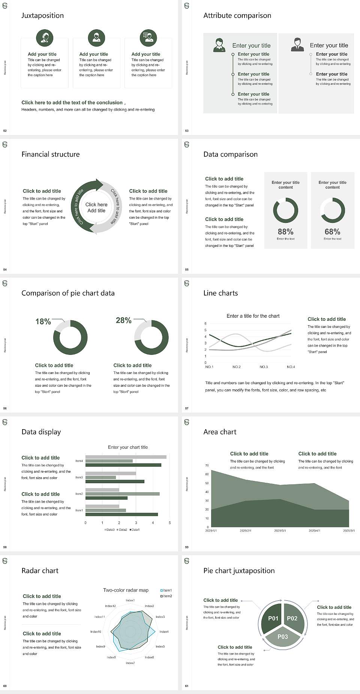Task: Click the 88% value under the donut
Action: (x=285, y=232)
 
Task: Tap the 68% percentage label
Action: (x=332, y=232)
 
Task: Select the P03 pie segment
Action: (x=283, y=637)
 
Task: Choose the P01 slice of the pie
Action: (x=273, y=618)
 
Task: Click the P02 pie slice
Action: (x=292, y=618)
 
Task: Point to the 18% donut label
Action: (x=43, y=321)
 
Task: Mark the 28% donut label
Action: (x=123, y=320)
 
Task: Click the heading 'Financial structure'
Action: (x=51, y=154)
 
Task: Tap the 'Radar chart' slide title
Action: (x=40, y=571)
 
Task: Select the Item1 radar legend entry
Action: (x=166, y=590)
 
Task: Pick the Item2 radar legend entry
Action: (x=166, y=596)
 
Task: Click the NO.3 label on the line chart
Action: (x=264, y=367)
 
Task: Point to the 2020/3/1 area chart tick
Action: (x=280, y=531)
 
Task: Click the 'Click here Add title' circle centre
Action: (x=96, y=207)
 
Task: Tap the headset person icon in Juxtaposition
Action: (x=45, y=38)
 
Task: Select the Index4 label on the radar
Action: (x=164, y=632)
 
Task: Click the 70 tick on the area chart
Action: (x=207, y=466)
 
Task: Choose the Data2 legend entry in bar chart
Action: (x=122, y=530)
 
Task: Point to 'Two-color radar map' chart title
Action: (x=126, y=590)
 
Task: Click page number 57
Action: (x=187, y=408)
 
